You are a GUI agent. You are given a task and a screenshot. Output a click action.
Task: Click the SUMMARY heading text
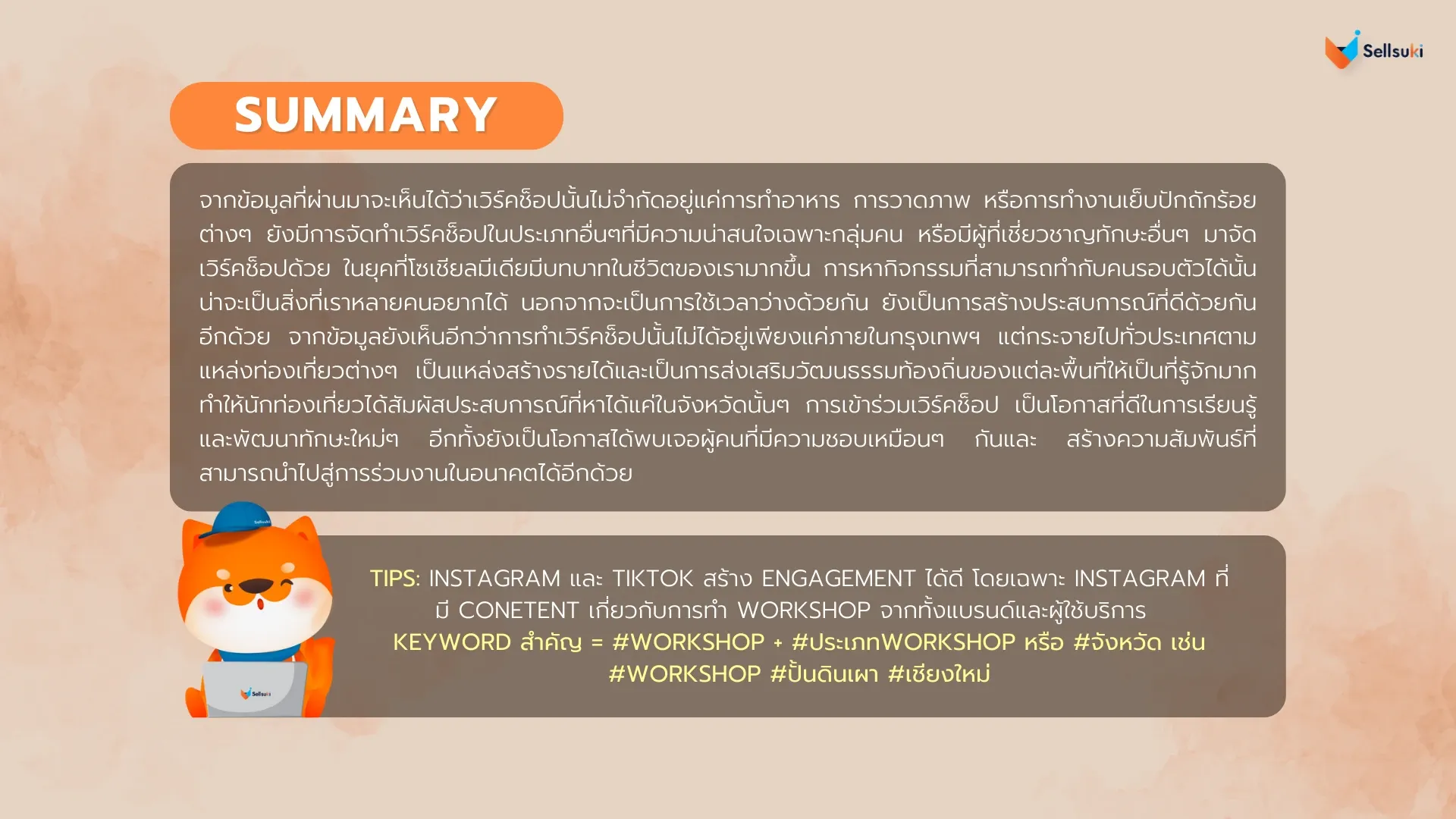366,115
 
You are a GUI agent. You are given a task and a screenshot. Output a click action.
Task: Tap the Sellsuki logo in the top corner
1373,50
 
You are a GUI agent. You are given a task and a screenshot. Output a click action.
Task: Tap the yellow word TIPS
394,579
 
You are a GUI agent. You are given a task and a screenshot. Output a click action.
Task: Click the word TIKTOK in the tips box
652,579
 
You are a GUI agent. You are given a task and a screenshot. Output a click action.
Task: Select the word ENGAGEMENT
839,579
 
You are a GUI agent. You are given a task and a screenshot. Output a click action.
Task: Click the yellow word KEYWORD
452,642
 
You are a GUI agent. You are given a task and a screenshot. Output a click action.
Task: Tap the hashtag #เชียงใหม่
939,673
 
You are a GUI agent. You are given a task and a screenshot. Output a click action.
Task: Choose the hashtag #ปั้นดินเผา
824,673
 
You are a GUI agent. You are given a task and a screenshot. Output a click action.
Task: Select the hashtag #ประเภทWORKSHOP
903,642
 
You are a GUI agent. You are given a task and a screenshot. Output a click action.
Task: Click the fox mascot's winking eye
287,584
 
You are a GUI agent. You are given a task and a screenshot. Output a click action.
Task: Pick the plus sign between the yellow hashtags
778,643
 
